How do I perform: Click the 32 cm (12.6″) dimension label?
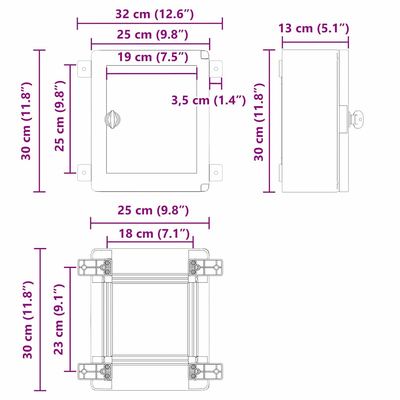[154, 14]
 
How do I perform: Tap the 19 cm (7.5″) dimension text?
[153, 57]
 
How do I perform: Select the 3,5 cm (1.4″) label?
[208, 100]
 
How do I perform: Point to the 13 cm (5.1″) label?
[314, 28]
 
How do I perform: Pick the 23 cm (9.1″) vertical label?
[59, 320]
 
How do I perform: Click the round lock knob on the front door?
[112, 119]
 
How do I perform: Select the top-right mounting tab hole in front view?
[216, 69]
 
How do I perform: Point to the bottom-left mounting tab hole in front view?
[84, 172]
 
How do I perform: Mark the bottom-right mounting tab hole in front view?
[216, 172]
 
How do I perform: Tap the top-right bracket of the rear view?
[205, 268]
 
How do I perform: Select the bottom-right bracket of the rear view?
[205, 371]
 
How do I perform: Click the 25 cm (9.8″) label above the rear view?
[153, 211]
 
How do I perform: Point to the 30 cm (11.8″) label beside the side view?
[259, 122]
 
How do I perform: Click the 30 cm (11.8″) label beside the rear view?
[27, 320]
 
